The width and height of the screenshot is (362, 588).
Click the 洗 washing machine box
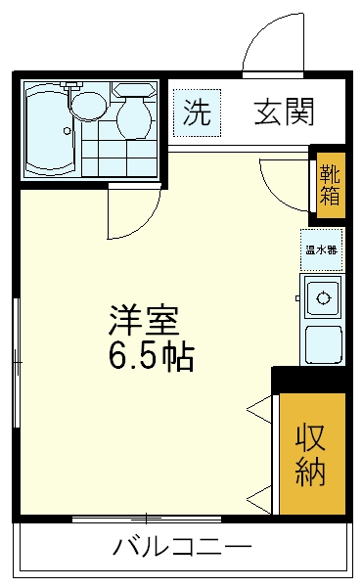(x=197, y=113)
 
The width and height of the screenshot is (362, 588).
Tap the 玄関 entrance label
(x=285, y=113)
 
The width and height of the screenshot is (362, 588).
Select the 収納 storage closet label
(x=311, y=453)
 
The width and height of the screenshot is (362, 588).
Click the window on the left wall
(x=16, y=362)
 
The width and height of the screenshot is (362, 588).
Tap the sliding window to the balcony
(x=147, y=518)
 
